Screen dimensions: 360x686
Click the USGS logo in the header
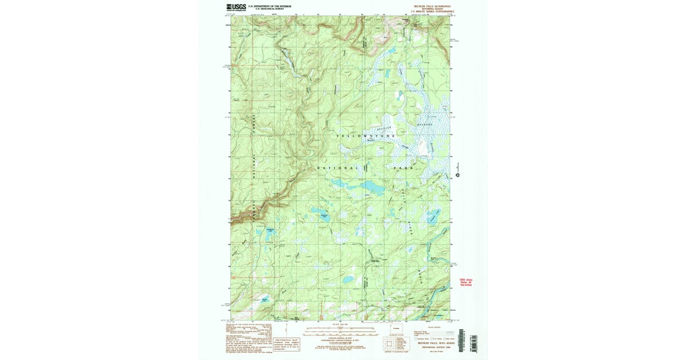pyautogui.click(x=236, y=7)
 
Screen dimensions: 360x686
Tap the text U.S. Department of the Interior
pyautogui.click(x=270, y=6)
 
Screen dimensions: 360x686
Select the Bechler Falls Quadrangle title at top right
pyautogui.click(x=433, y=6)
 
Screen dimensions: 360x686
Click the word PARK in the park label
pyautogui.click(x=402, y=169)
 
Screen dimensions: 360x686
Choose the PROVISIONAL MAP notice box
pyautogui.click(x=286, y=342)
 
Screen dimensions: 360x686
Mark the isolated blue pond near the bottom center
pyautogui.click(x=348, y=279)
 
